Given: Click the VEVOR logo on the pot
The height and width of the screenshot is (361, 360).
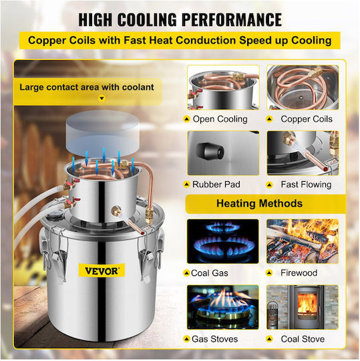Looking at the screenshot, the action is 102,270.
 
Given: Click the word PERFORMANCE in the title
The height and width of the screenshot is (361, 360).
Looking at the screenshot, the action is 232,19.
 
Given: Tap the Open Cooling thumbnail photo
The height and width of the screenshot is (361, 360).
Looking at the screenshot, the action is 223,88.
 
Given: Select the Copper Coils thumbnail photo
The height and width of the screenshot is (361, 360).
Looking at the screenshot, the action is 303,88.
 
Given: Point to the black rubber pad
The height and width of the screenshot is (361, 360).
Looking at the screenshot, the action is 210,151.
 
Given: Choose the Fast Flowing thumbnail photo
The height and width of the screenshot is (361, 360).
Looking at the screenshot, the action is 303,153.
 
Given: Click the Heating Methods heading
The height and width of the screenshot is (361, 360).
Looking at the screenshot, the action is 259,203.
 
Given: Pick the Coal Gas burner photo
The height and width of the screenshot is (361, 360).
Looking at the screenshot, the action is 223,241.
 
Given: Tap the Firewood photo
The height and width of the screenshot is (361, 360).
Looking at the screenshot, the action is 303,241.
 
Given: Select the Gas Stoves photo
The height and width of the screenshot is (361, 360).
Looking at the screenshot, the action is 223,307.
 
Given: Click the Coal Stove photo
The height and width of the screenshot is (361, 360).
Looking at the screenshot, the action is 303,307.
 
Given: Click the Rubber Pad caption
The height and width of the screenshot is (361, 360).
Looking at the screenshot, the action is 216,185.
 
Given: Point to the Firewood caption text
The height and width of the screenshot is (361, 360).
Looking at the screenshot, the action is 299,273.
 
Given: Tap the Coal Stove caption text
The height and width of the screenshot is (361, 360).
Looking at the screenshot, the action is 303,339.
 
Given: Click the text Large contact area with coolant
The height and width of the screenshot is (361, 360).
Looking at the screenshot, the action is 87,88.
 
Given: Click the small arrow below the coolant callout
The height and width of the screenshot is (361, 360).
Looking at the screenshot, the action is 102,98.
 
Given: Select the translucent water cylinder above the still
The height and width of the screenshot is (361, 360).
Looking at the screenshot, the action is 103,133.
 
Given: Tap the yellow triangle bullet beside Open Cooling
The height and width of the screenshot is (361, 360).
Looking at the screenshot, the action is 186,119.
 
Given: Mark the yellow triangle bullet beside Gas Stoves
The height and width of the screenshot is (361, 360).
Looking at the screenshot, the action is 186,339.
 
